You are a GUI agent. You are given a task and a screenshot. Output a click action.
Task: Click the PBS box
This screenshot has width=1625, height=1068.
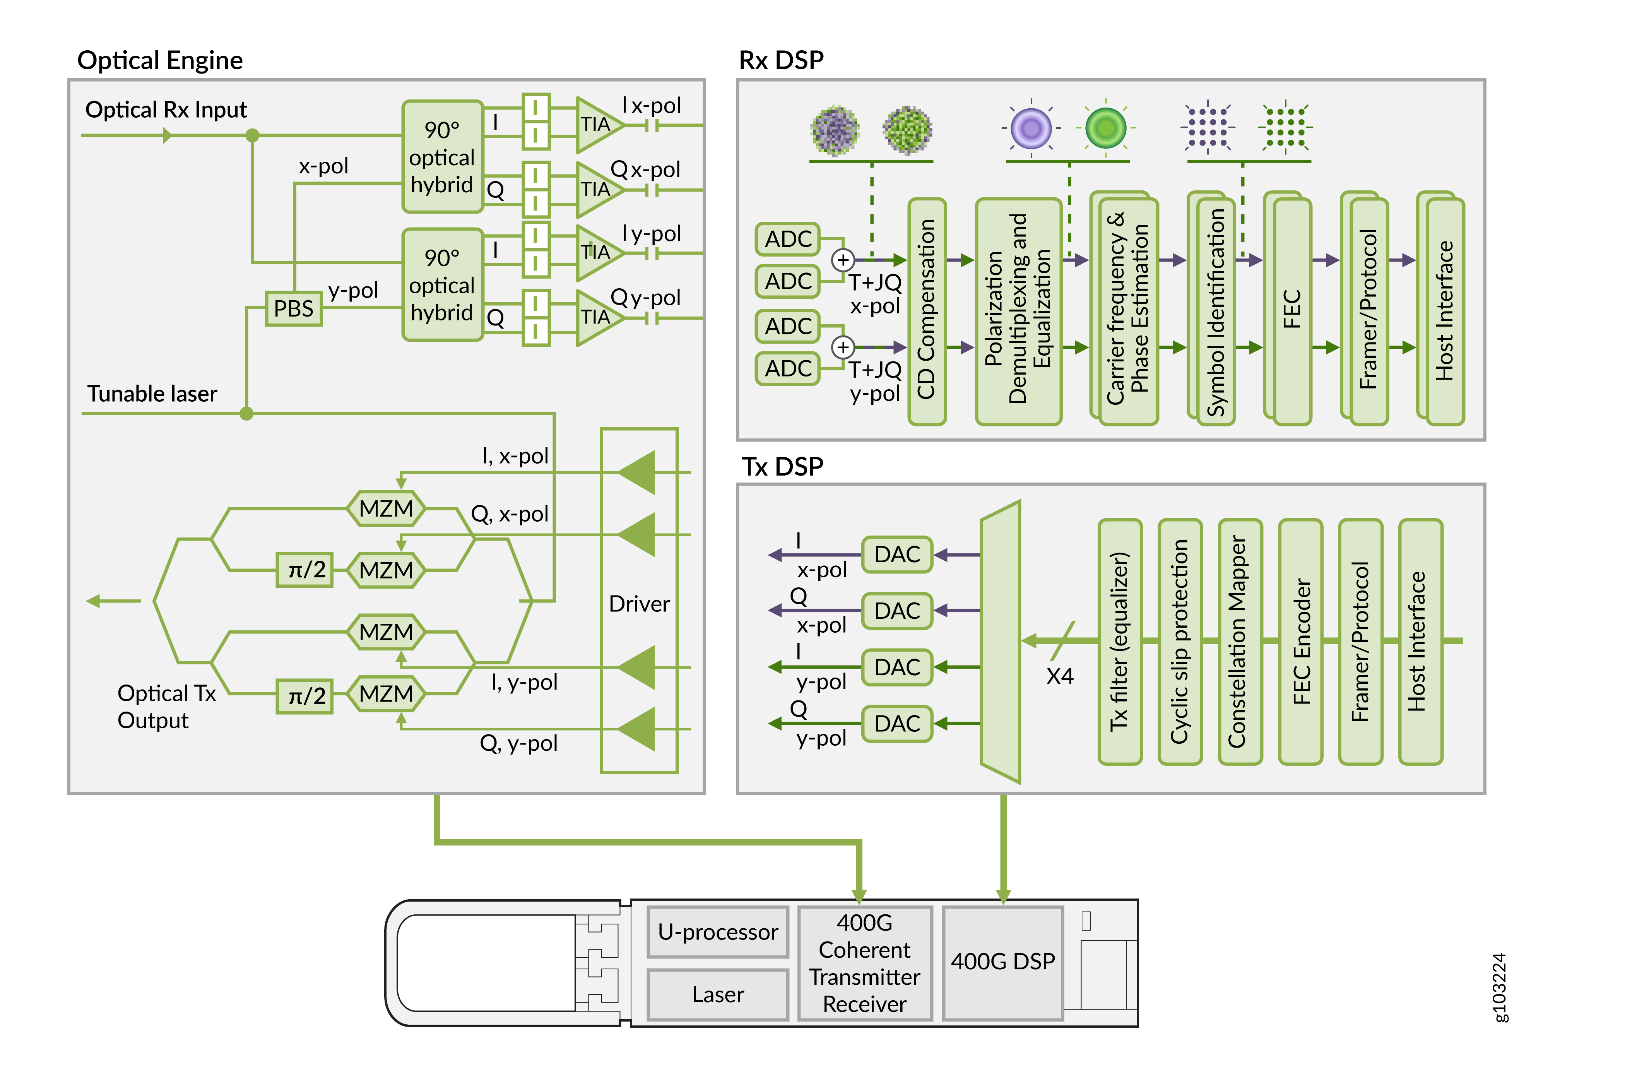(x=294, y=309)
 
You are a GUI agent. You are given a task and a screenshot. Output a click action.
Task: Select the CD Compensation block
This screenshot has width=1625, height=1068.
(x=927, y=311)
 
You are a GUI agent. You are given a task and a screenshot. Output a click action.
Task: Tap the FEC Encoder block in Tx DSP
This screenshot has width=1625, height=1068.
(x=1301, y=642)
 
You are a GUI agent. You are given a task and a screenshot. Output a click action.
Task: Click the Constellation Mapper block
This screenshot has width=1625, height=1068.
(x=1240, y=642)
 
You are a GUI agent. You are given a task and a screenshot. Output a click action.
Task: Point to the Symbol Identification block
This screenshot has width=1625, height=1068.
(x=1215, y=311)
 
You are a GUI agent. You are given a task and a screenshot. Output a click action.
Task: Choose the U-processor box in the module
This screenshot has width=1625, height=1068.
(x=718, y=932)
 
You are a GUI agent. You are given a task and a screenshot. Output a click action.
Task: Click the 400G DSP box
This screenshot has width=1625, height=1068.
(x=1002, y=962)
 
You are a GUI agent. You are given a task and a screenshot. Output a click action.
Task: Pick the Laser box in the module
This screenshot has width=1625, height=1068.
(x=718, y=994)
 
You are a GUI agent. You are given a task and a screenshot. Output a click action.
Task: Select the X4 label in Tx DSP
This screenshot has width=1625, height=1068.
(x=1060, y=677)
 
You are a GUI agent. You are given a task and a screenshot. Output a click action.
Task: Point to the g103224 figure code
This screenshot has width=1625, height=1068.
(x=1499, y=987)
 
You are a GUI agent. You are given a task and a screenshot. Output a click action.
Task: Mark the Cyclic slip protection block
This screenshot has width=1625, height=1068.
(x=1180, y=642)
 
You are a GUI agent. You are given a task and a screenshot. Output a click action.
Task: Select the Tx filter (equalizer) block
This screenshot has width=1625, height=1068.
(x=1120, y=642)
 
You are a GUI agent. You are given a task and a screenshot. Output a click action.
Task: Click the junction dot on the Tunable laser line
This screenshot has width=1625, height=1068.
(x=246, y=413)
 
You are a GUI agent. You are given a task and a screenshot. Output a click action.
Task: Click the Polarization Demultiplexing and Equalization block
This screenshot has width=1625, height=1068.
(x=1018, y=311)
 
